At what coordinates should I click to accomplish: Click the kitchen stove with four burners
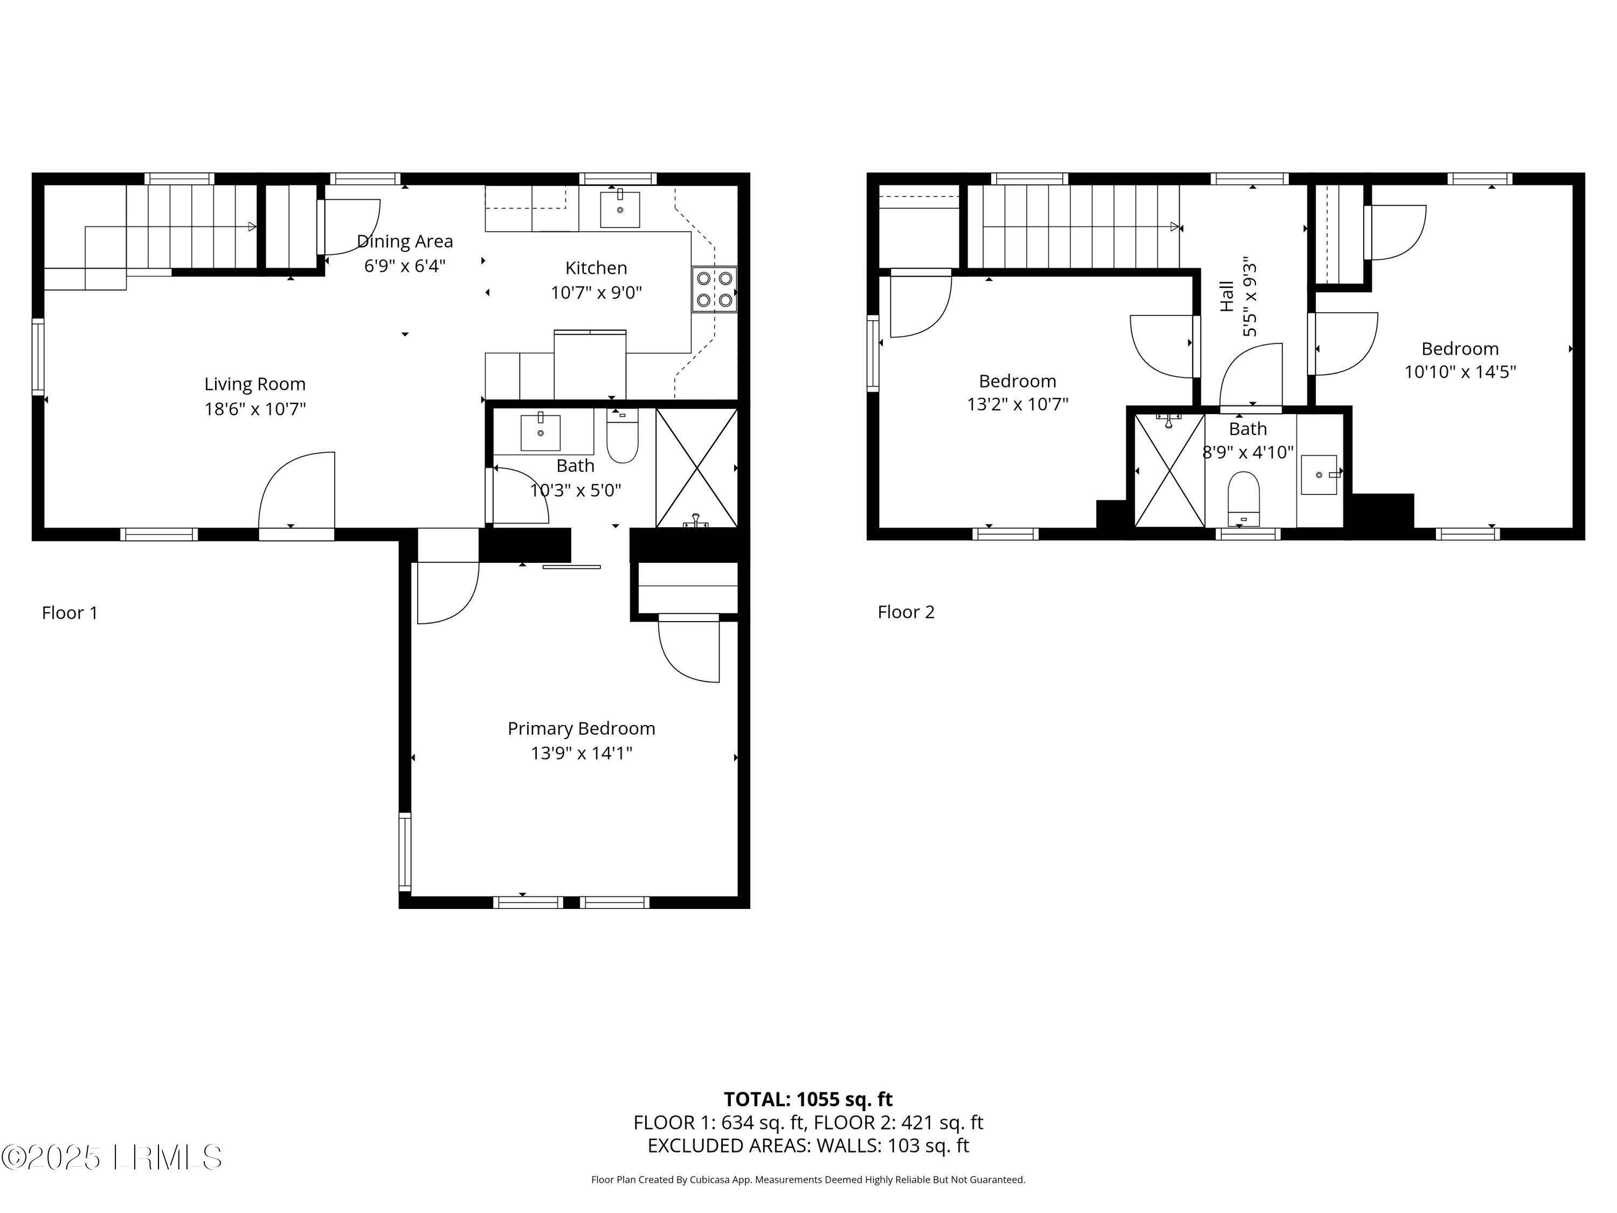tap(714, 289)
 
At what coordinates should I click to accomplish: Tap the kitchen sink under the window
tap(620, 210)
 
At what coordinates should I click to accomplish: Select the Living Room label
tap(254, 384)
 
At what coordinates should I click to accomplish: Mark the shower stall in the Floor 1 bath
tap(696, 468)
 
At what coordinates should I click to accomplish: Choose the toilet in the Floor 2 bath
tap(1243, 499)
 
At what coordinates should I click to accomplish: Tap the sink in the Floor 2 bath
tap(1320, 474)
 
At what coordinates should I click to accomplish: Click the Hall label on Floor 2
tap(1227, 296)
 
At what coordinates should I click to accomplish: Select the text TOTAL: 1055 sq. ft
tap(808, 1099)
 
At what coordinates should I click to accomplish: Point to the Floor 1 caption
tap(70, 613)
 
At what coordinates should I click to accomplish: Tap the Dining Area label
tap(404, 242)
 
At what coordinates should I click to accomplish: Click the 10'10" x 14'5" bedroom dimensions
tap(1460, 371)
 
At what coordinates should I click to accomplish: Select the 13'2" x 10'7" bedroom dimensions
tap(1018, 404)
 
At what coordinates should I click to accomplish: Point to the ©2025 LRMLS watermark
tap(111, 1157)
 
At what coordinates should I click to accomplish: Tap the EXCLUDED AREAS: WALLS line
tap(808, 1145)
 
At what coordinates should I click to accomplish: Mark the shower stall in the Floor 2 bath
tap(1169, 470)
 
